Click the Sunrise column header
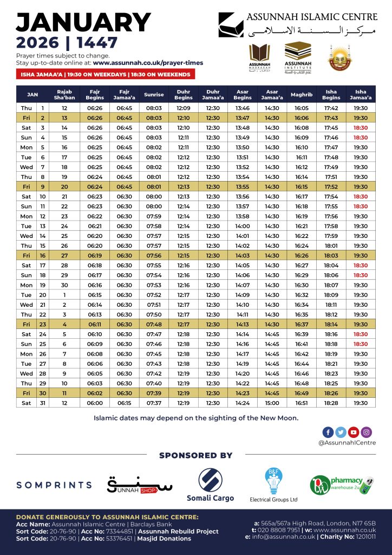(x=154, y=95)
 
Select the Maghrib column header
(x=301, y=95)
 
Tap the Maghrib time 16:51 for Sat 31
(x=301, y=403)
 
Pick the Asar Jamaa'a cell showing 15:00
(x=272, y=403)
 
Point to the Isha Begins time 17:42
(x=331, y=108)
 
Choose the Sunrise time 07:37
(x=154, y=403)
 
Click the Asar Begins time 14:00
(x=242, y=226)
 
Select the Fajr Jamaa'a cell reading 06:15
(x=125, y=403)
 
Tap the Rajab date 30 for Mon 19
(x=64, y=285)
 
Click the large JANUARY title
(x=83, y=23)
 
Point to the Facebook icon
(x=328, y=432)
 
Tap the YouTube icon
(x=354, y=432)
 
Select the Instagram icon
(x=367, y=432)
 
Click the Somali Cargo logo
(x=210, y=484)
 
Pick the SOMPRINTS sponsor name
(x=54, y=485)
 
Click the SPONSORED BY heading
(x=195, y=455)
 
